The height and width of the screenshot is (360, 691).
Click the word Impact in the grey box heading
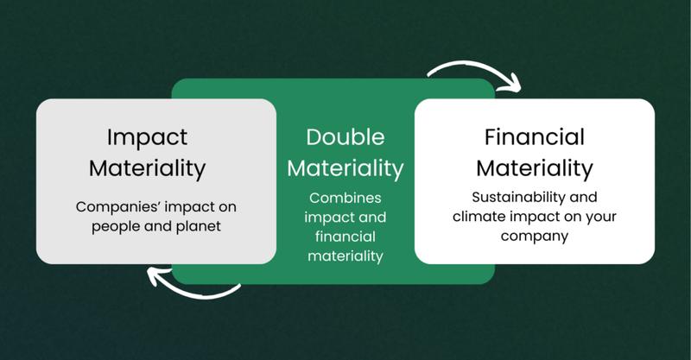(x=147, y=137)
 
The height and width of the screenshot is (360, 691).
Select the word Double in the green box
(x=345, y=137)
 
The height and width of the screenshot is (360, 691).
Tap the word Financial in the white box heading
(x=535, y=136)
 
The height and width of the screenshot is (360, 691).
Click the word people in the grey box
(x=113, y=227)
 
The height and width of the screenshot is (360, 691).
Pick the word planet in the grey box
(x=199, y=226)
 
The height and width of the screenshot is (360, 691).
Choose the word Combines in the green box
(x=345, y=198)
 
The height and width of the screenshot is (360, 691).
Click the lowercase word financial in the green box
(x=345, y=237)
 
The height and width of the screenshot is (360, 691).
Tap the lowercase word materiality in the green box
(x=345, y=256)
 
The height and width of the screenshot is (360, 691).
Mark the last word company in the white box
(x=535, y=237)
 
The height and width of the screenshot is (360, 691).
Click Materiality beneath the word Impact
(x=147, y=168)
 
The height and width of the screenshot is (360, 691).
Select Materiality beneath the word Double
(x=345, y=168)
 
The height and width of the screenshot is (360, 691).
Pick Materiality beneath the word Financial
(x=535, y=168)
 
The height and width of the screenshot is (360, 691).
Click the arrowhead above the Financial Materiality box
(x=512, y=86)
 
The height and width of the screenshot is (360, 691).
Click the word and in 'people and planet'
(x=155, y=226)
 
